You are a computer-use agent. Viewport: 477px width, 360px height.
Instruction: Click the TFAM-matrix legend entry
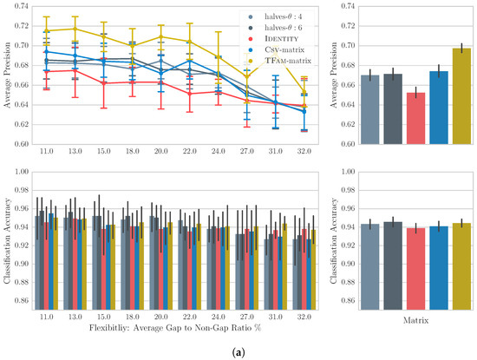[279, 61]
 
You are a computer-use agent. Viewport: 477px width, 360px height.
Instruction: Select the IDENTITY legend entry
[273, 39]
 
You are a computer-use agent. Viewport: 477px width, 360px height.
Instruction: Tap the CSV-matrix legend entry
[276, 49]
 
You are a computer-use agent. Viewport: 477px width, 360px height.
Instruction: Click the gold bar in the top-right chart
[461, 96]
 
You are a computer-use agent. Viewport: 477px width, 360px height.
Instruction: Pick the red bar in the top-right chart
[415, 118]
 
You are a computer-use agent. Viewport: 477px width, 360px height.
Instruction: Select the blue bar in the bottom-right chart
[439, 268]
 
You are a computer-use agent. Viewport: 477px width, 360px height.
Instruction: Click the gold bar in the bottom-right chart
[461, 266]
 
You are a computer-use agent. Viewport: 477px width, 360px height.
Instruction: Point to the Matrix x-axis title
[415, 320]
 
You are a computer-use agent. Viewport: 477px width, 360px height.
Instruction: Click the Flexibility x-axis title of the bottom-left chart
[175, 328]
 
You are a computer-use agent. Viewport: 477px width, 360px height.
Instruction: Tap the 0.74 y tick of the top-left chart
[21, 6]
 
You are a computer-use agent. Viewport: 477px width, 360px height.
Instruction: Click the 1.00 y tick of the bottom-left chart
[21, 172]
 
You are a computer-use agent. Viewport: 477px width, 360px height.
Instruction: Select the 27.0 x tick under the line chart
[246, 151]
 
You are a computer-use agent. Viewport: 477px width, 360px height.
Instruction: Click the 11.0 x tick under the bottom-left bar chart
[47, 317]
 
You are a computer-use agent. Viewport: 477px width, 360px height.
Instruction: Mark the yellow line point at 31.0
[275, 52]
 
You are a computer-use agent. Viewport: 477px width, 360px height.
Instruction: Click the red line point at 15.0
[104, 82]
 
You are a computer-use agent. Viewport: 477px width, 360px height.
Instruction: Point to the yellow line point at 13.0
[75, 29]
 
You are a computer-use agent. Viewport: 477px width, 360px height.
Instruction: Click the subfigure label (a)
[238, 353]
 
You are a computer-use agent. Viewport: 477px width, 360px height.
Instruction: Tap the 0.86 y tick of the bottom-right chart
[347, 301]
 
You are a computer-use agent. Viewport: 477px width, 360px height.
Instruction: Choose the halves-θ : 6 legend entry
[276, 28]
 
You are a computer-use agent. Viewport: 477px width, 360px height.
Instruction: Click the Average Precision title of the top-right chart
[334, 75]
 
